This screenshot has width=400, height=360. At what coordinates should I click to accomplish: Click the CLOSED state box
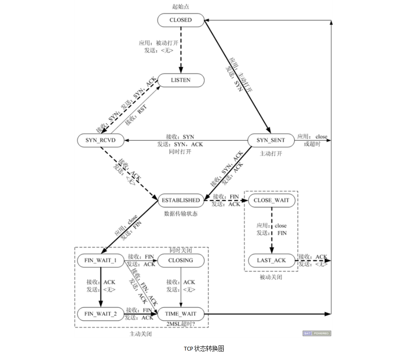tap(181, 20)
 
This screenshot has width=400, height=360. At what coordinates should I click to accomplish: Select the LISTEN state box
tap(181, 80)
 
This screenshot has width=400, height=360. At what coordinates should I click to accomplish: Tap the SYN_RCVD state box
tap(101, 140)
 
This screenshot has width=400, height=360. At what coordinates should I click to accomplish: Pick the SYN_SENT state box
tap(270, 140)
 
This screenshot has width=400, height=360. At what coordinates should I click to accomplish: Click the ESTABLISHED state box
tap(181, 200)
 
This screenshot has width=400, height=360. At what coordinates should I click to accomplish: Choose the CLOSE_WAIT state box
tap(271, 200)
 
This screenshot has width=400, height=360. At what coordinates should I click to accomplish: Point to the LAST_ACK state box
tap(271, 260)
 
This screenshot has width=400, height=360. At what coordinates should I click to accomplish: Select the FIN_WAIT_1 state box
tap(101, 260)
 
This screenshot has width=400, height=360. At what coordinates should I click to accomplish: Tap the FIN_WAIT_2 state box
tap(101, 314)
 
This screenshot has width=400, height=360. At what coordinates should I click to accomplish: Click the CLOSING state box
tap(181, 260)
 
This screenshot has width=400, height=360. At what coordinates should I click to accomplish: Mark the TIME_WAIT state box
tap(181, 314)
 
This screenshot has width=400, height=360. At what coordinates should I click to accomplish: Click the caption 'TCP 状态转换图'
tap(204, 348)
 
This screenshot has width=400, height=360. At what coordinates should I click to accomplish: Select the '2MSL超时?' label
tap(181, 324)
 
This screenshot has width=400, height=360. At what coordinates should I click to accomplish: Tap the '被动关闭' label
tap(271, 277)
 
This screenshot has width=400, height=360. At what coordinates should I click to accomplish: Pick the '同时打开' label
tap(180, 152)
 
